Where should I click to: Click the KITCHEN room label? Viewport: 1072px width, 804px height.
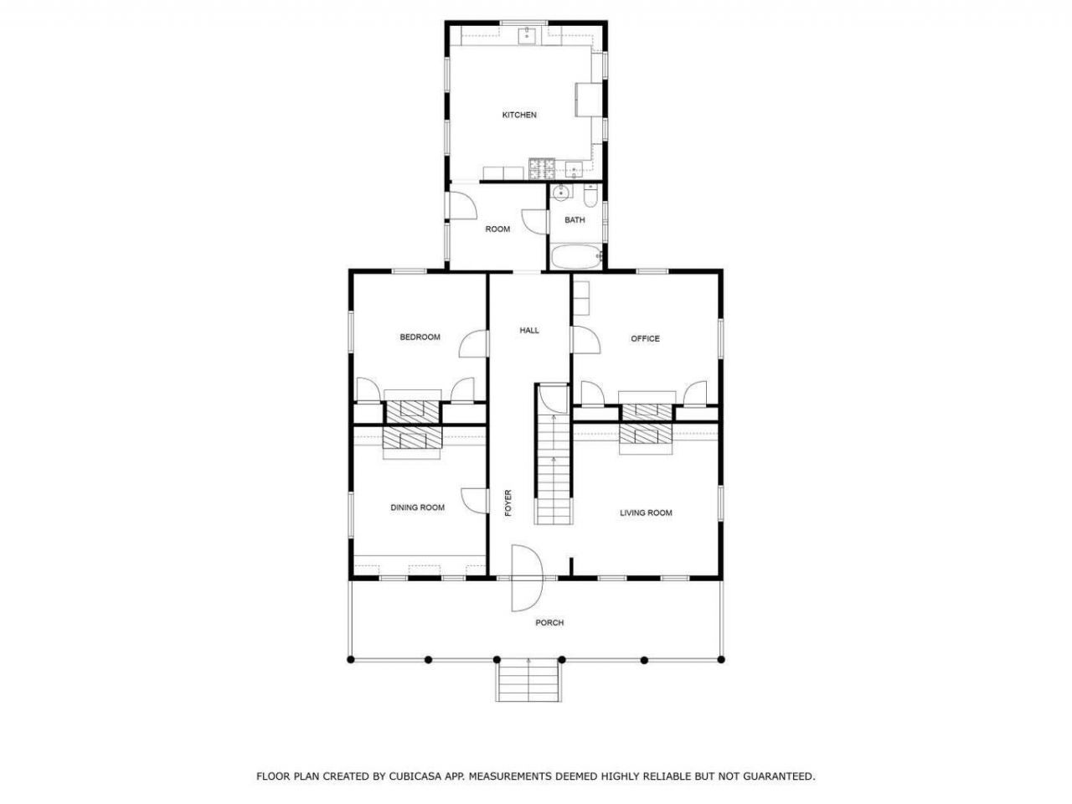[x=519, y=116]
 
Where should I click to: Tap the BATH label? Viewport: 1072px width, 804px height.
[x=575, y=220]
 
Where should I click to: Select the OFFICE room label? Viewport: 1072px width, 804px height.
[x=645, y=339]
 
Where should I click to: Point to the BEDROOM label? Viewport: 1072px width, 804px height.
[x=420, y=338]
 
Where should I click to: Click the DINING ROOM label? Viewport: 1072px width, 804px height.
[x=418, y=508]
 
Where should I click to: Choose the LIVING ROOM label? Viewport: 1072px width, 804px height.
[x=646, y=513]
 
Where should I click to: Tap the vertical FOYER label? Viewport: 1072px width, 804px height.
[x=508, y=503]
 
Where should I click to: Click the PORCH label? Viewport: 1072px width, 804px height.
[x=549, y=623]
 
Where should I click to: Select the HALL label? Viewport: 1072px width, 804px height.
[x=529, y=331]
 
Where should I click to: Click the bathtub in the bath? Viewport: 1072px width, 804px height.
[x=576, y=256]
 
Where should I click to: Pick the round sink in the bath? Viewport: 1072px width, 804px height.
[x=562, y=192]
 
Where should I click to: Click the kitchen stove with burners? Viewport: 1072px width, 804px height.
[x=542, y=169]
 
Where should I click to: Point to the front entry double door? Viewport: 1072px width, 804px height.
[x=527, y=579]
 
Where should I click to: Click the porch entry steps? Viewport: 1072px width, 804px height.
[x=528, y=680]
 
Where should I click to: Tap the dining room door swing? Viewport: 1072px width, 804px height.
[x=474, y=500]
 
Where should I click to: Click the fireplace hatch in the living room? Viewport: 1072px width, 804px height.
[x=646, y=434]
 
